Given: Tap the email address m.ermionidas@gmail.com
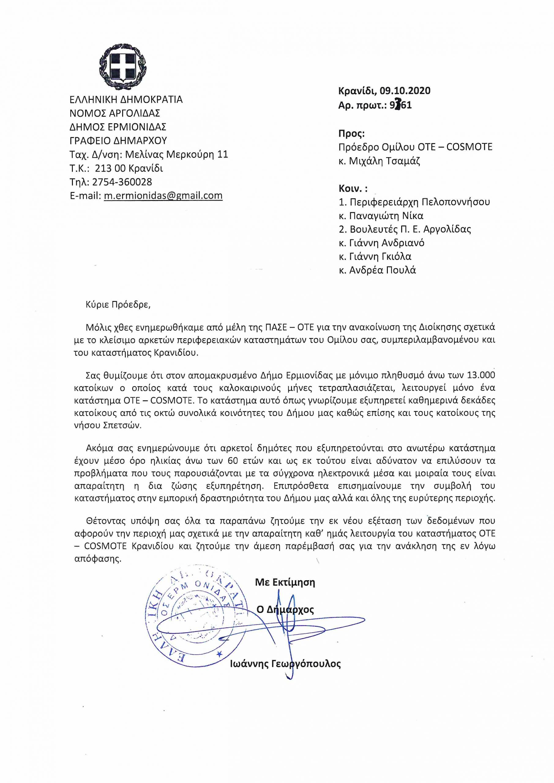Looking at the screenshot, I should [163, 196].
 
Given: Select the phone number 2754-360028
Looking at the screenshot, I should [122, 182].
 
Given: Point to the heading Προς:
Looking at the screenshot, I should [352, 133].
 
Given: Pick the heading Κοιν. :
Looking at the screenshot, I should [353, 188].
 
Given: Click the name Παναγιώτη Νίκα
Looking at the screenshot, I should [386, 216].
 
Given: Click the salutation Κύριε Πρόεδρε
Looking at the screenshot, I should [118, 305].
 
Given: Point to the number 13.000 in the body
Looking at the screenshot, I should [480, 375].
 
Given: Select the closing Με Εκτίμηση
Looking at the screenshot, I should [285, 582].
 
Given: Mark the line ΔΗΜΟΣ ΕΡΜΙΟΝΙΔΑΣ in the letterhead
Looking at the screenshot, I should [118, 127].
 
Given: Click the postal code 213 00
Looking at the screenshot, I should [110, 169].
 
